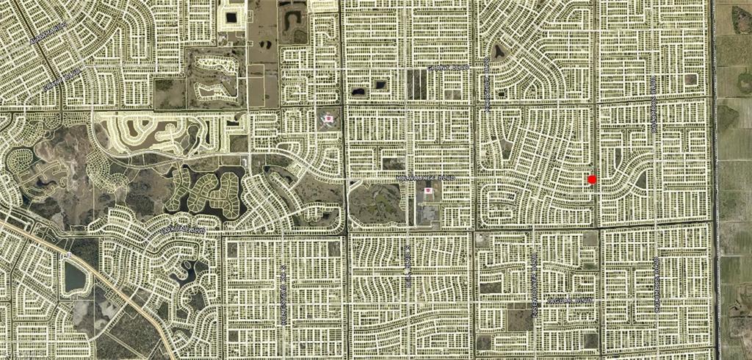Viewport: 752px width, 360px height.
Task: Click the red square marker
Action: [592, 179]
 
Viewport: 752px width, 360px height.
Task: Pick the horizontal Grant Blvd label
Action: [448, 67]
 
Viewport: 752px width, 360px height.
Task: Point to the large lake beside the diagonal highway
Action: [76, 277]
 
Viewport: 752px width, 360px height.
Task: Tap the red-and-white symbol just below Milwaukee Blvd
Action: [428, 190]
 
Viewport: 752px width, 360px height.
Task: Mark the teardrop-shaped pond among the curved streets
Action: [499, 51]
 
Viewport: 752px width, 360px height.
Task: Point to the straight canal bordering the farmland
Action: [715, 184]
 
